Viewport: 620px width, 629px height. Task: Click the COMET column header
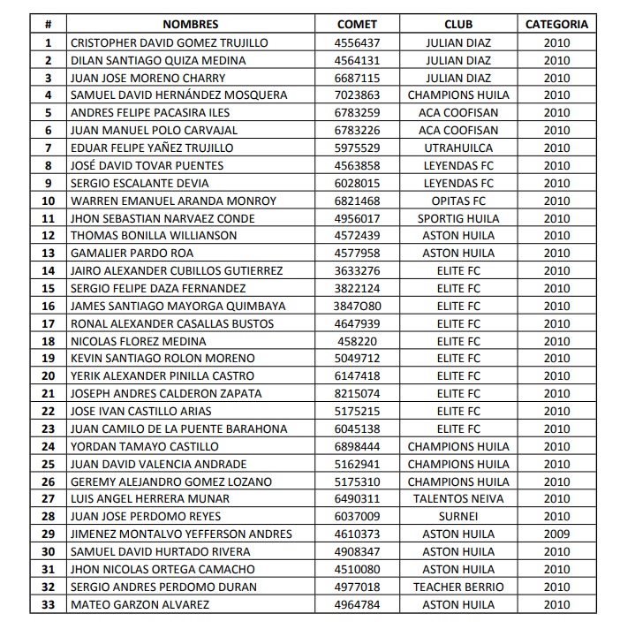click(357, 25)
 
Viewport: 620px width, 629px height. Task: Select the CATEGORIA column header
click(556, 25)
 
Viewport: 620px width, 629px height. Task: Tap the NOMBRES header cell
click(190, 25)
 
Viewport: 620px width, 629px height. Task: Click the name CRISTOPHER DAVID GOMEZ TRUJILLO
click(169, 42)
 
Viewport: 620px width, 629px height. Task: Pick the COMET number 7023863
click(357, 95)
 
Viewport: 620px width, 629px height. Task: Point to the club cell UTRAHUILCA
click(458, 148)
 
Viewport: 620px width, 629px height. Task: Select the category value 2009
click(556, 534)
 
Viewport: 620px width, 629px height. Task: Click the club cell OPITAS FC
click(458, 201)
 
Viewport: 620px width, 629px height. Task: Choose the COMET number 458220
click(357, 341)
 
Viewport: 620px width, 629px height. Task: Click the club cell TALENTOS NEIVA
click(458, 499)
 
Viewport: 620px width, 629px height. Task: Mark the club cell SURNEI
click(458, 517)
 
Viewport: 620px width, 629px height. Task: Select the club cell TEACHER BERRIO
click(458, 587)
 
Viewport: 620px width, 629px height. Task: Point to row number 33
click(49, 604)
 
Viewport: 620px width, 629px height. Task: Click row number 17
click(49, 323)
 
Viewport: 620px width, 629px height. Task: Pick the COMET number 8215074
click(357, 394)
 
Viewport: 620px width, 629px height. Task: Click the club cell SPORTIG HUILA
click(458, 218)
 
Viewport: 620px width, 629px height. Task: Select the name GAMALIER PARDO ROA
click(132, 254)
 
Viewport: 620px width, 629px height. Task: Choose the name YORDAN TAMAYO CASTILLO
click(145, 446)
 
